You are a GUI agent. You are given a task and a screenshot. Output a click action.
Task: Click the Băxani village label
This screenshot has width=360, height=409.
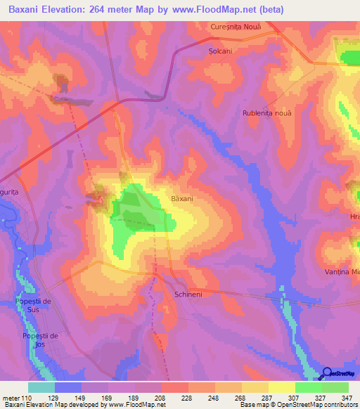[182, 199]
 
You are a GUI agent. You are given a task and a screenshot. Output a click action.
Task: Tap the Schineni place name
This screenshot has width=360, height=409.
[188, 295]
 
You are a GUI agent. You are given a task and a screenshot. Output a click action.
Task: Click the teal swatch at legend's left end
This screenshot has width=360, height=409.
[41, 387]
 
